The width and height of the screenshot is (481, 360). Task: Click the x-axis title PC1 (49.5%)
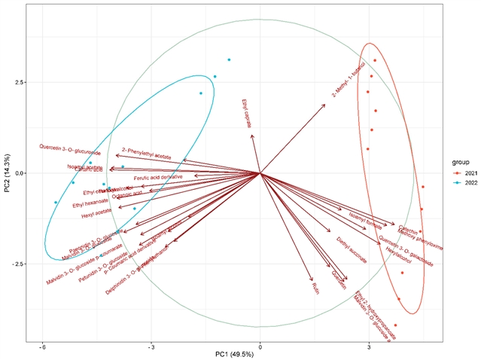pos(260,354)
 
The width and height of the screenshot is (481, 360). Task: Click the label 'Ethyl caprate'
pos(246,114)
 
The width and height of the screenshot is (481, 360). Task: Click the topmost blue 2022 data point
pos(229,59)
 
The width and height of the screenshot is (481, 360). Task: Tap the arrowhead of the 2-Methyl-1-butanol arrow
pos(325,105)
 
